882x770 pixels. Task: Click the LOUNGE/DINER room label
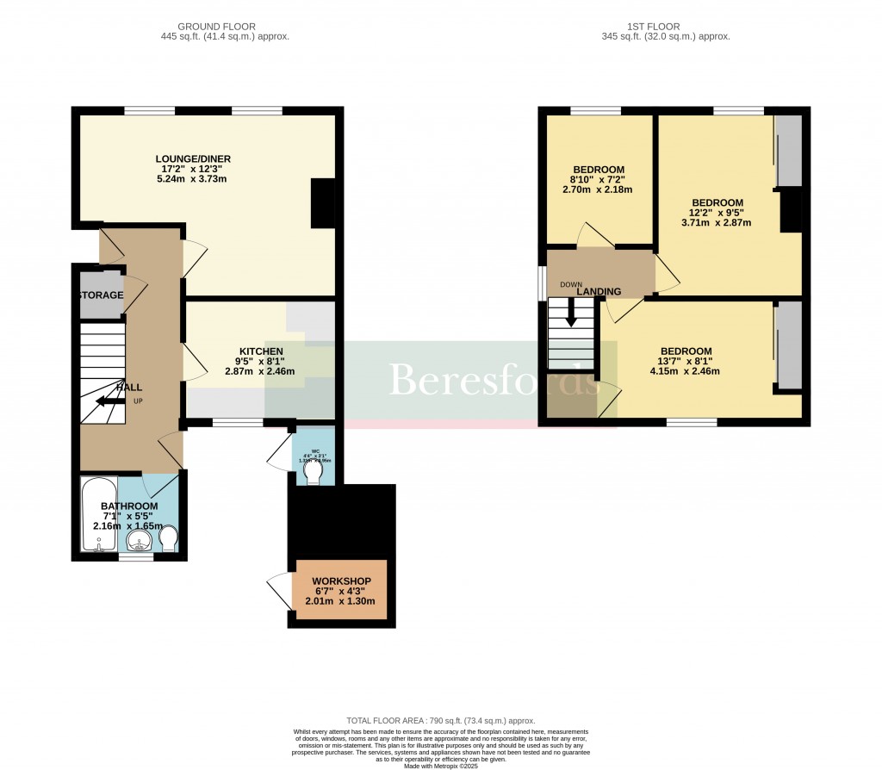193,158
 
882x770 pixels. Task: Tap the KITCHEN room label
260,351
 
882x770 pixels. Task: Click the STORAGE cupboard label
101,295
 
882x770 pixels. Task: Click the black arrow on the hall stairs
109,401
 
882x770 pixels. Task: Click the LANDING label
599,292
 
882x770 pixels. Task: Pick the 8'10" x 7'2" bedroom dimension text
599,179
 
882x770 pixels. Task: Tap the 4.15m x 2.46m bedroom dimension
686,371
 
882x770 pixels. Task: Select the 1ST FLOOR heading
666,27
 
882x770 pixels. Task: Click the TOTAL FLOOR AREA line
440,721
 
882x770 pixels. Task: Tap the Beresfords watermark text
492,380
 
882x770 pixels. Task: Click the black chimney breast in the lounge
322,203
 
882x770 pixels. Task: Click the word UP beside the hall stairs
138,401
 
